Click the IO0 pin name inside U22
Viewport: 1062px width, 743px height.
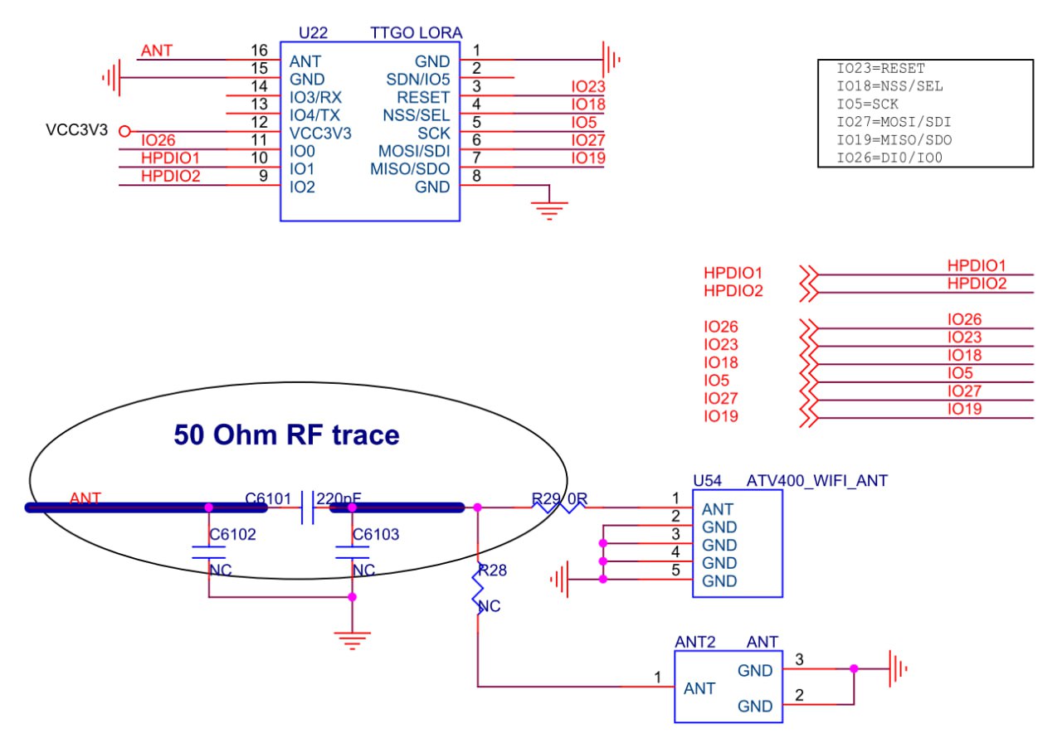tap(301, 152)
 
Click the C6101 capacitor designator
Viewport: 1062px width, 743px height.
tap(268, 498)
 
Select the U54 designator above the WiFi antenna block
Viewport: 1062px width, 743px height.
tap(708, 480)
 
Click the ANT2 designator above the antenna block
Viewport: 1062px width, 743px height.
tap(693, 642)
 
